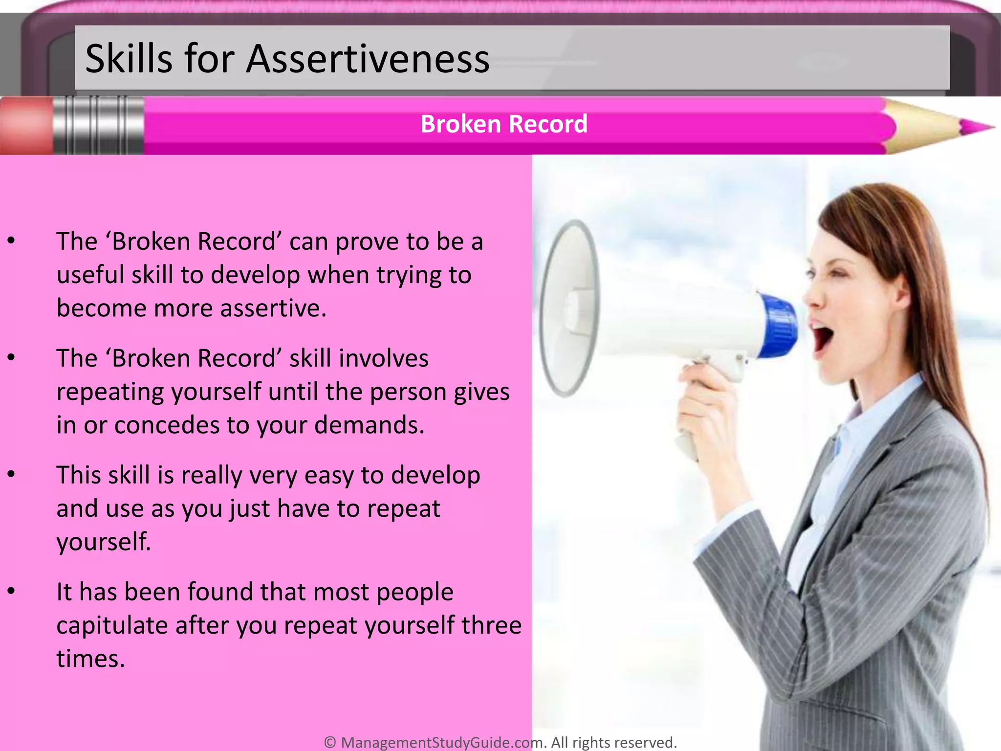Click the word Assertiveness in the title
[367, 59]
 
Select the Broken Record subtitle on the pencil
[503, 124]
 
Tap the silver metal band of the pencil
[98, 126]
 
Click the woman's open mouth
[822, 337]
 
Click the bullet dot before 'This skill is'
[12, 475]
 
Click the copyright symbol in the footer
[330, 742]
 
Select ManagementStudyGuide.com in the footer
[442, 742]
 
